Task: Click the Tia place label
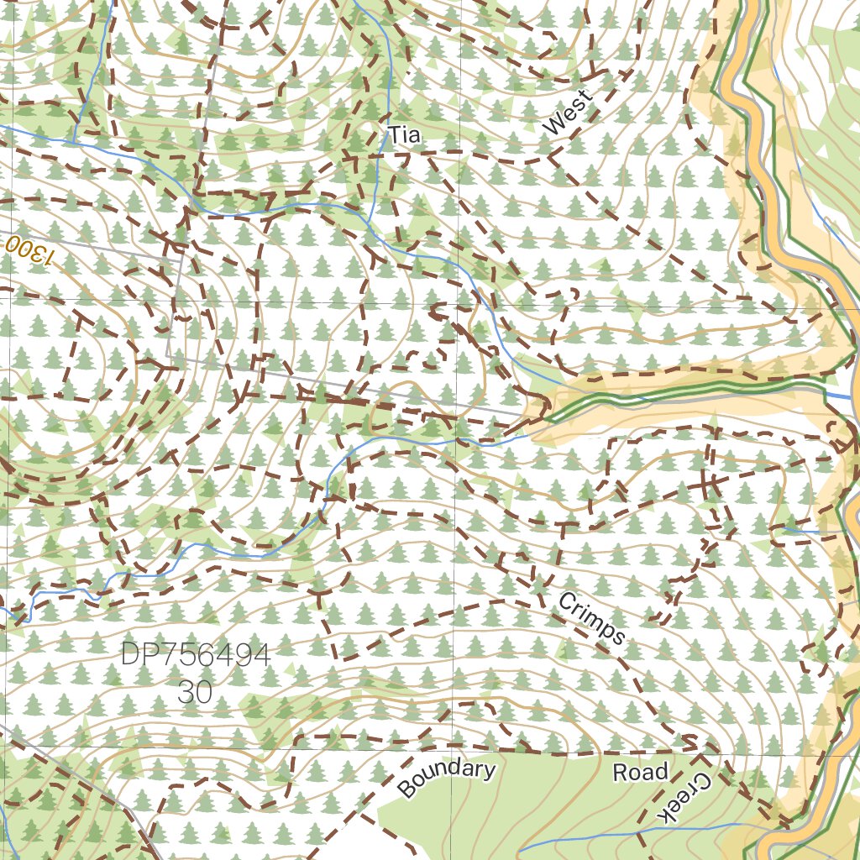403,134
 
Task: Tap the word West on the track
568,113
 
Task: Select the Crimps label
591,619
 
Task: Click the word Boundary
446,779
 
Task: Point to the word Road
640,772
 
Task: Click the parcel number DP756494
196,655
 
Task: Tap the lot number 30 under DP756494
195,691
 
